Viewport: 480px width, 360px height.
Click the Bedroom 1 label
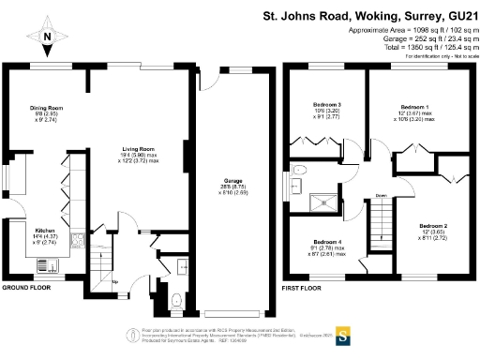[413, 107]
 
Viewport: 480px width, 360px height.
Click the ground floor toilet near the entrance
[177, 301]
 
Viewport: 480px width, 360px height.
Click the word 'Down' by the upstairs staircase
[381, 195]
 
